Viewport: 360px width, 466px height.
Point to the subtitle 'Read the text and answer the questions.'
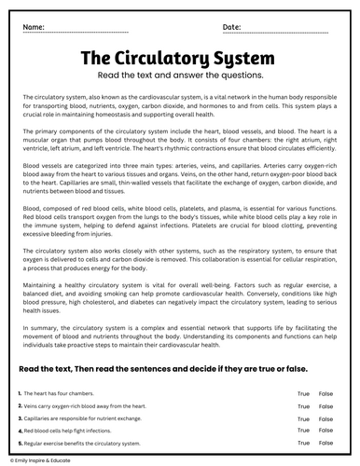pos(180,76)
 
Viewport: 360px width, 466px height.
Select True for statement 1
pos(303,394)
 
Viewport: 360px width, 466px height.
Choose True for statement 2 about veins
pos(303,406)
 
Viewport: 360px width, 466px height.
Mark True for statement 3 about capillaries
pos(303,418)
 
